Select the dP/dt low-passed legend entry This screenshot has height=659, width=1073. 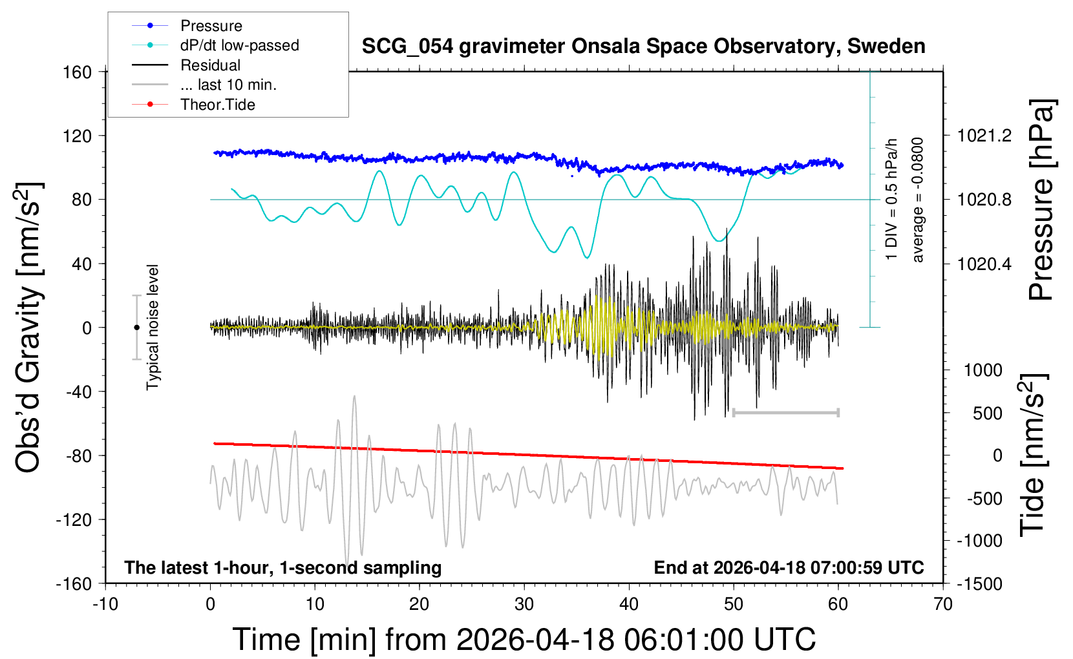coord(239,45)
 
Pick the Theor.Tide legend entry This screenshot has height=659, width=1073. coord(217,105)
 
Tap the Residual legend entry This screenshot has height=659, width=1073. coord(210,65)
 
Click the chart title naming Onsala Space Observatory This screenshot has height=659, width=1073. coord(643,47)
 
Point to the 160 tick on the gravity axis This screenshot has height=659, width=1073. coord(78,72)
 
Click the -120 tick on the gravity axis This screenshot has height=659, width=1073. coord(74,519)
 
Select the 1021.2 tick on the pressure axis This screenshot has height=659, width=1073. coord(984,136)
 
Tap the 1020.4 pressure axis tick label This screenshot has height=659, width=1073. coord(984,264)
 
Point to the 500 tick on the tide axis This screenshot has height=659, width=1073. coord(987,413)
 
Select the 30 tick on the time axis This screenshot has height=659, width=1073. coord(524,605)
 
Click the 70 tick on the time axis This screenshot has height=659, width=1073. coord(943,605)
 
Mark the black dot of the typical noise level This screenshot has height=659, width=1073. coord(136,328)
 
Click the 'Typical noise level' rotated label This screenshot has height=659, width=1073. coord(153,327)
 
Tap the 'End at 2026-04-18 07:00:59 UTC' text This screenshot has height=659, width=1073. coord(789,568)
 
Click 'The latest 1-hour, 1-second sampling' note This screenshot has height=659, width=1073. coord(283,568)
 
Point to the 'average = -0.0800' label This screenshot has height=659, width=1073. coord(918,200)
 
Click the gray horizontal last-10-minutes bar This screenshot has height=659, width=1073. coord(785,412)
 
